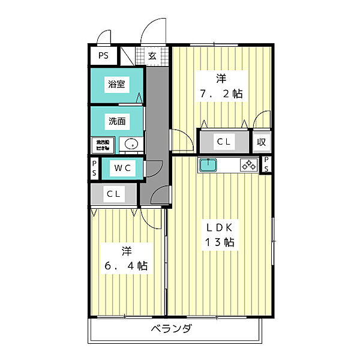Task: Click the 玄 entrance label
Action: tap(152, 56)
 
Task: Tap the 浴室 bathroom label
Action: tap(116, 85)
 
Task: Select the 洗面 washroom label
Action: tap(116, 121)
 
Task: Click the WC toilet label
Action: tap(122, 168)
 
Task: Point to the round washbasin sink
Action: tap(131, 145)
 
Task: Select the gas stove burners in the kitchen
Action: tap(248, 165)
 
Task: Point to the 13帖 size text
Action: tap(220, 243)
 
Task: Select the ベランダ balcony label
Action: tap(171, 329)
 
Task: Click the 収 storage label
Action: tap(262, 142)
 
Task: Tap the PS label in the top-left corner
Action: tap(104, 56)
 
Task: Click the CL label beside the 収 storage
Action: tap(224, 142)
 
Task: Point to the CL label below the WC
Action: tap(113, 194)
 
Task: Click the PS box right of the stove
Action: tap(266, 164)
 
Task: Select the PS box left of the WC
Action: tap(94, 168)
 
